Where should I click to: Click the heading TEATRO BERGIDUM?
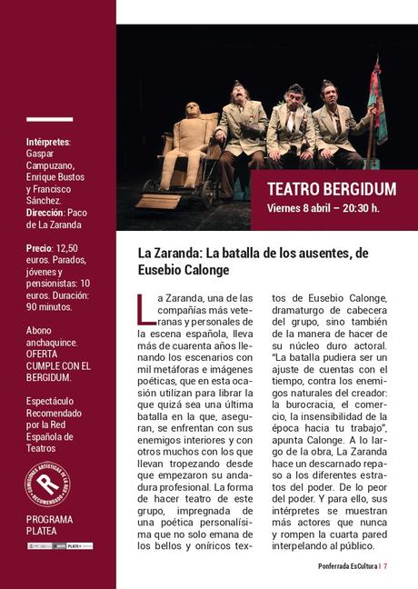pyautogui.click(x=332, y=189)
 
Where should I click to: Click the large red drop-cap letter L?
pyautogui.click(x=144, y=309)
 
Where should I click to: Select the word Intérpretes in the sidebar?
pyautogui.click(x=48, y=143)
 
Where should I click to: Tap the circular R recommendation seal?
pyautogui.click(x=47, y=484)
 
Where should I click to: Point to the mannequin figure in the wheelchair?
pyautogui.click(x=190, y=145)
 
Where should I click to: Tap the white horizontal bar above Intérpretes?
pyautogui.click(x=49, y=119)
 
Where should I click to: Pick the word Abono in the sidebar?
pyautogui.click(x=40, y=332)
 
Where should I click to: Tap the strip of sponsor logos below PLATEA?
pyautogui.click(x=60, y=546)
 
